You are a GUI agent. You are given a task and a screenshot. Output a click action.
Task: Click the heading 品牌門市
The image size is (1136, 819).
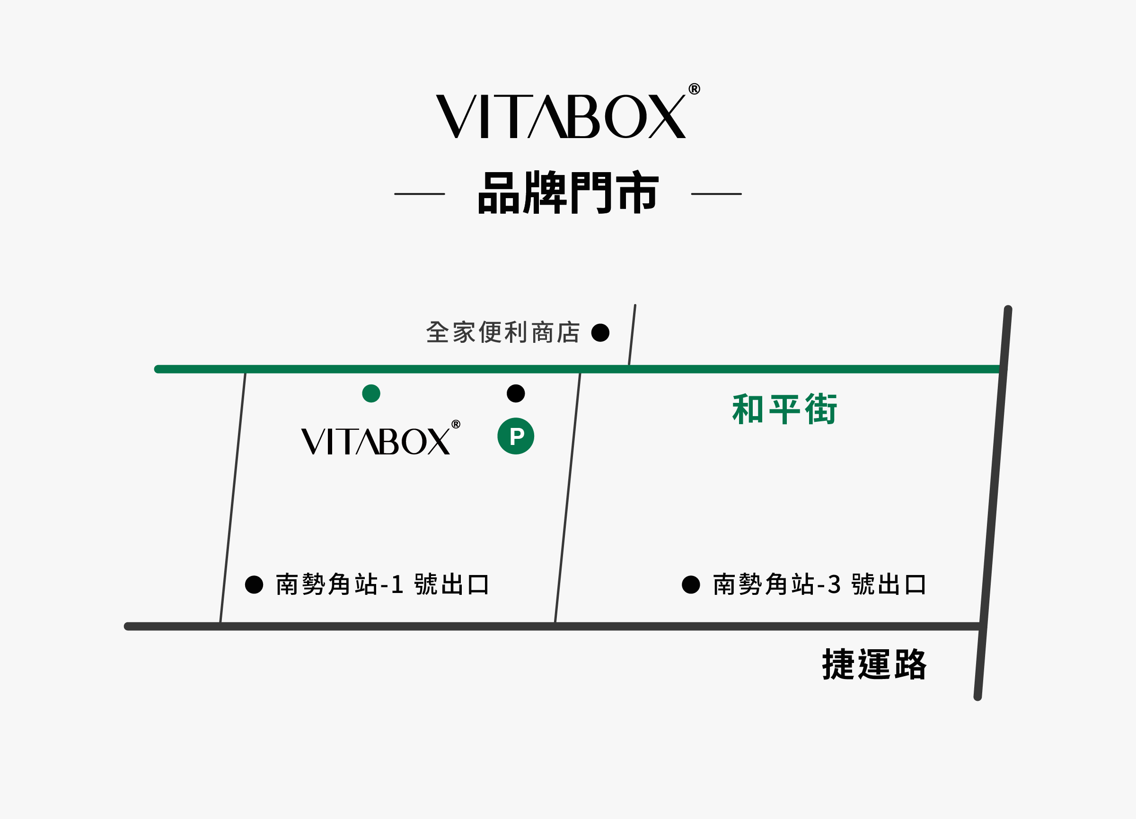click(568, 193)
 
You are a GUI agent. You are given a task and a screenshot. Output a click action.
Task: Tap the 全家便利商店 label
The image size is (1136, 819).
click(503, 332)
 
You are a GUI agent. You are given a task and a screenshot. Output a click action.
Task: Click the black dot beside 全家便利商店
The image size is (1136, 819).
click(600, 332)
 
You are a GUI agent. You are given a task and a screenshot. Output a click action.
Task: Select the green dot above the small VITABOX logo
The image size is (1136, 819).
click(371, 393)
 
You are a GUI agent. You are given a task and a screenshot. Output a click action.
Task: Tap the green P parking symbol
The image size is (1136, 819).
click(516, 436)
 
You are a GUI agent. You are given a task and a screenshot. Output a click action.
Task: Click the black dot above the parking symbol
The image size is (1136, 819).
click(516, 393)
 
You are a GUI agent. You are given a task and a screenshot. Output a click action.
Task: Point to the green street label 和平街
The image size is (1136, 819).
click(784, 409)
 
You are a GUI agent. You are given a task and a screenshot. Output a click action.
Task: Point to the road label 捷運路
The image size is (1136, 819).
click(874, 665)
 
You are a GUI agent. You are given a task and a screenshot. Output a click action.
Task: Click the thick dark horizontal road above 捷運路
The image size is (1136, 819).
click(401, 627)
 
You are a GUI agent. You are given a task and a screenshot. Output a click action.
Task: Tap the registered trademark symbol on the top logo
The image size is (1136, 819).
click(694, 89)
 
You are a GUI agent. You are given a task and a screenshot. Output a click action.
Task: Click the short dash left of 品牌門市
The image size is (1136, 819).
click(420, 194)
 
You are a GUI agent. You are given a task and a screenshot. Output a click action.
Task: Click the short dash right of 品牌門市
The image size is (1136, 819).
click(716, 194)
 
